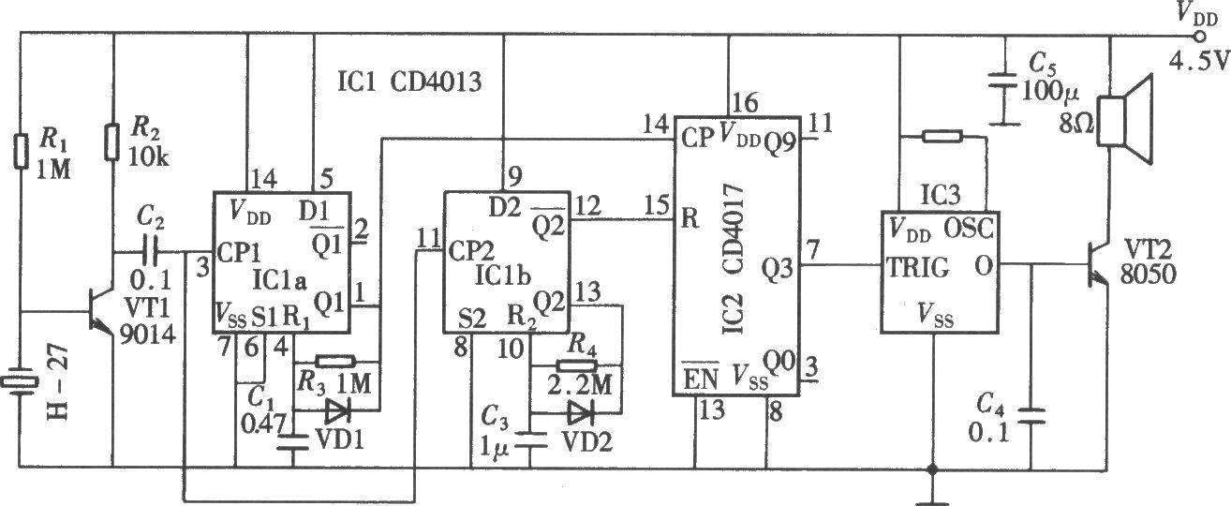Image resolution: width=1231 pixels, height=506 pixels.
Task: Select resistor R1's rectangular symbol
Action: (x=21, y=150)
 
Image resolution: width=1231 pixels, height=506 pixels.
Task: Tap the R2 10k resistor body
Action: (x=112, y=141)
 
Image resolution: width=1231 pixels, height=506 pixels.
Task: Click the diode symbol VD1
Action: (x=337, y=409)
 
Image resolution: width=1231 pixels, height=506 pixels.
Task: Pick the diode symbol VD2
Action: (x=580, y=412)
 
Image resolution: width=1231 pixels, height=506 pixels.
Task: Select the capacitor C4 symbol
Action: (x=1031, y=415)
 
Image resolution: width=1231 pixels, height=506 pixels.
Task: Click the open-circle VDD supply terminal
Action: (x=1199, y=37)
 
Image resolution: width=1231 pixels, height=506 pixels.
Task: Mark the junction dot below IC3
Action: (x=932, y=469)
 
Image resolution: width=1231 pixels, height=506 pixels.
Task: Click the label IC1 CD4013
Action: (x=409, y=83)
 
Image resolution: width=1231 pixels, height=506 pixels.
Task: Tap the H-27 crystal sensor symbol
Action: (x=21, y=381)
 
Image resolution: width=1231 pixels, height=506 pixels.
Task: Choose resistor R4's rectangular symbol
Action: (x=576, y=365)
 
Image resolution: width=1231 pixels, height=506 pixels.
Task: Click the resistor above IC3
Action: (x=942, y=136)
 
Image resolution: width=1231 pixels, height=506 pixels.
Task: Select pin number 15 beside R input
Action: (x=657, y=205)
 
